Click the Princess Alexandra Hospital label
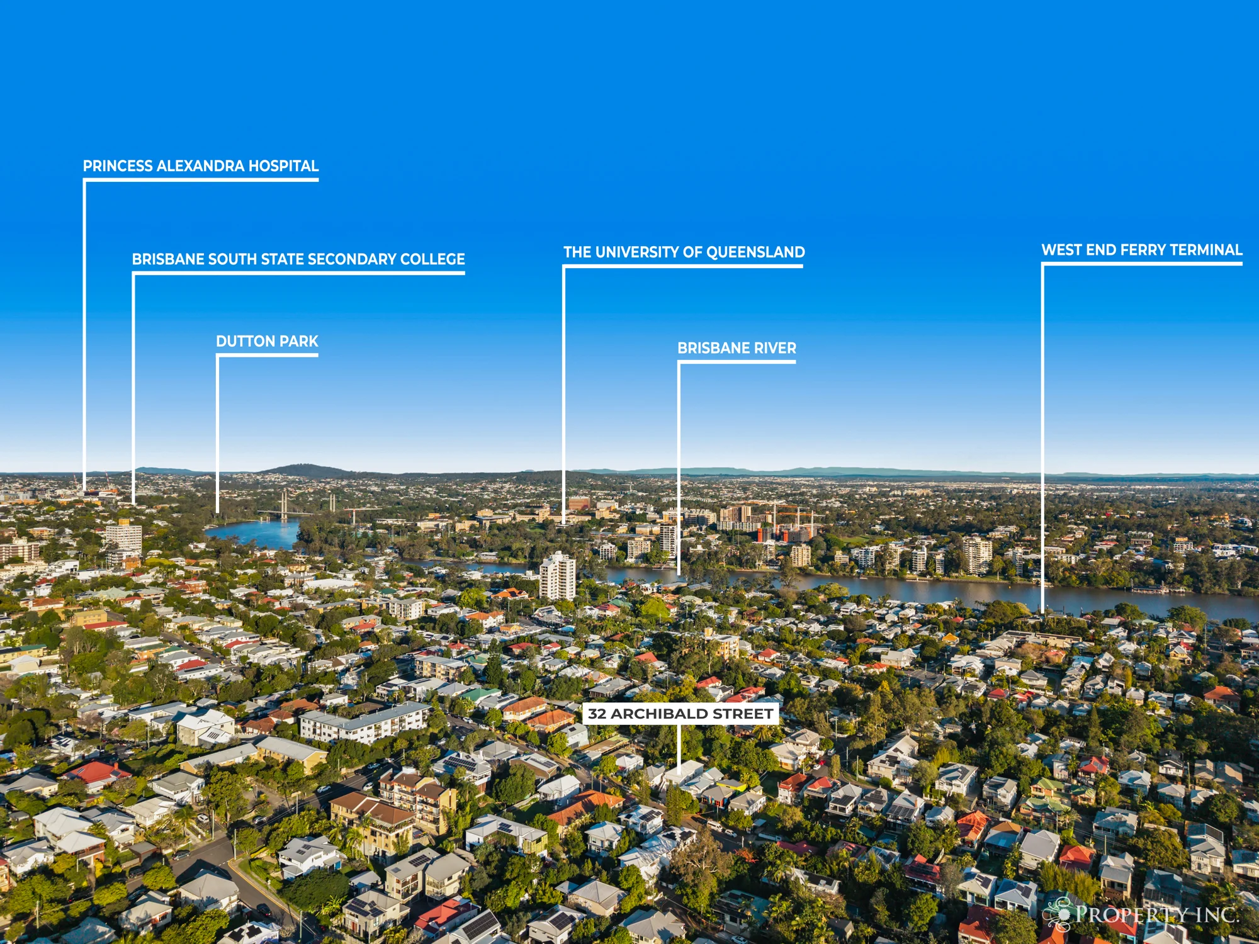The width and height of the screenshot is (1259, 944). point(201,166)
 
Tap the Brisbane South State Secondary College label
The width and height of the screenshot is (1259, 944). point(298,259)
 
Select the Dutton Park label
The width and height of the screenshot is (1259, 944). point(267,341)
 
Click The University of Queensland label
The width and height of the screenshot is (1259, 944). point(684,252)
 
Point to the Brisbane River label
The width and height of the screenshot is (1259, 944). point(737,348)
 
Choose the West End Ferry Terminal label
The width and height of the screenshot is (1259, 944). point(1142,250)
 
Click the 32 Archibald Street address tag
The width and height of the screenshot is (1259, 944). point(680,714)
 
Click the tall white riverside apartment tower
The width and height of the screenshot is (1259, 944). point(557,576)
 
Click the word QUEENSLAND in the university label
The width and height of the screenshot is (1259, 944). point(755,252)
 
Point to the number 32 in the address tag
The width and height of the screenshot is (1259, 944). point(597,714)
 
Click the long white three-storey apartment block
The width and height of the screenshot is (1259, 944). point(364,722)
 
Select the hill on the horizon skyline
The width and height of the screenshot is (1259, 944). point(305,470)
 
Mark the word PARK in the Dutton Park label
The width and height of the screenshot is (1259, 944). point(299,341)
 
